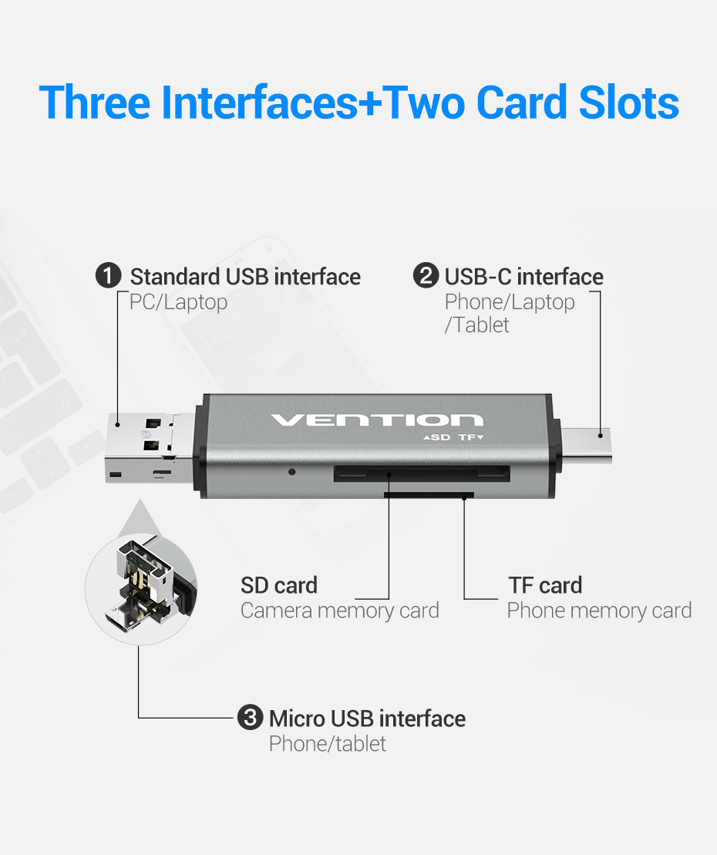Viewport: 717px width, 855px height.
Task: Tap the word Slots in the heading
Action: coord(628,103)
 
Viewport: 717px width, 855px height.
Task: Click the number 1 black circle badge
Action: coord(109,275)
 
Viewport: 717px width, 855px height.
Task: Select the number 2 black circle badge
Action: coord(426,275)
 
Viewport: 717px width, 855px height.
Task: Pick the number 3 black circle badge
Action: coord(251,717)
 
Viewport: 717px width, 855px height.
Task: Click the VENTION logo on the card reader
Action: coord(377,419)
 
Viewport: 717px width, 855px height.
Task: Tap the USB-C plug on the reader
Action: coord(586,446)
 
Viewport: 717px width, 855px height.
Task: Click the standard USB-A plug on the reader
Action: coord(150,448)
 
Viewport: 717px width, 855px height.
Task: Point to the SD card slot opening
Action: coord(422,473)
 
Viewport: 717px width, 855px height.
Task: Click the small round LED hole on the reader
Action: coord(292,472)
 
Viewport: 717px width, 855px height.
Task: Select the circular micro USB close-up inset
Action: coord(140,590)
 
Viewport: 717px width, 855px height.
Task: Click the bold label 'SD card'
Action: coord(279,585)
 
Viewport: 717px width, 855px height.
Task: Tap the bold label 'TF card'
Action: coord(545,585)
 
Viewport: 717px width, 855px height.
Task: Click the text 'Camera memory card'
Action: coord(340,611)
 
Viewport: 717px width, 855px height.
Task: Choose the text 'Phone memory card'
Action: coord(599,611)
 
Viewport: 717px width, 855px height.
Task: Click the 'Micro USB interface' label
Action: coord(368,718)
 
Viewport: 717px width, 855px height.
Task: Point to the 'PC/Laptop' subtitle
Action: coord(178,302)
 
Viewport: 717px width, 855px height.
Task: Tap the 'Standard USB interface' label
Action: coord(245,277)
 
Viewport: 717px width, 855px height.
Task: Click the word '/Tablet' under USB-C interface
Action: coord(476,325)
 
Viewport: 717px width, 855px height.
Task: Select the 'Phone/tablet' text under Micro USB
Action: coord(328,744)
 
